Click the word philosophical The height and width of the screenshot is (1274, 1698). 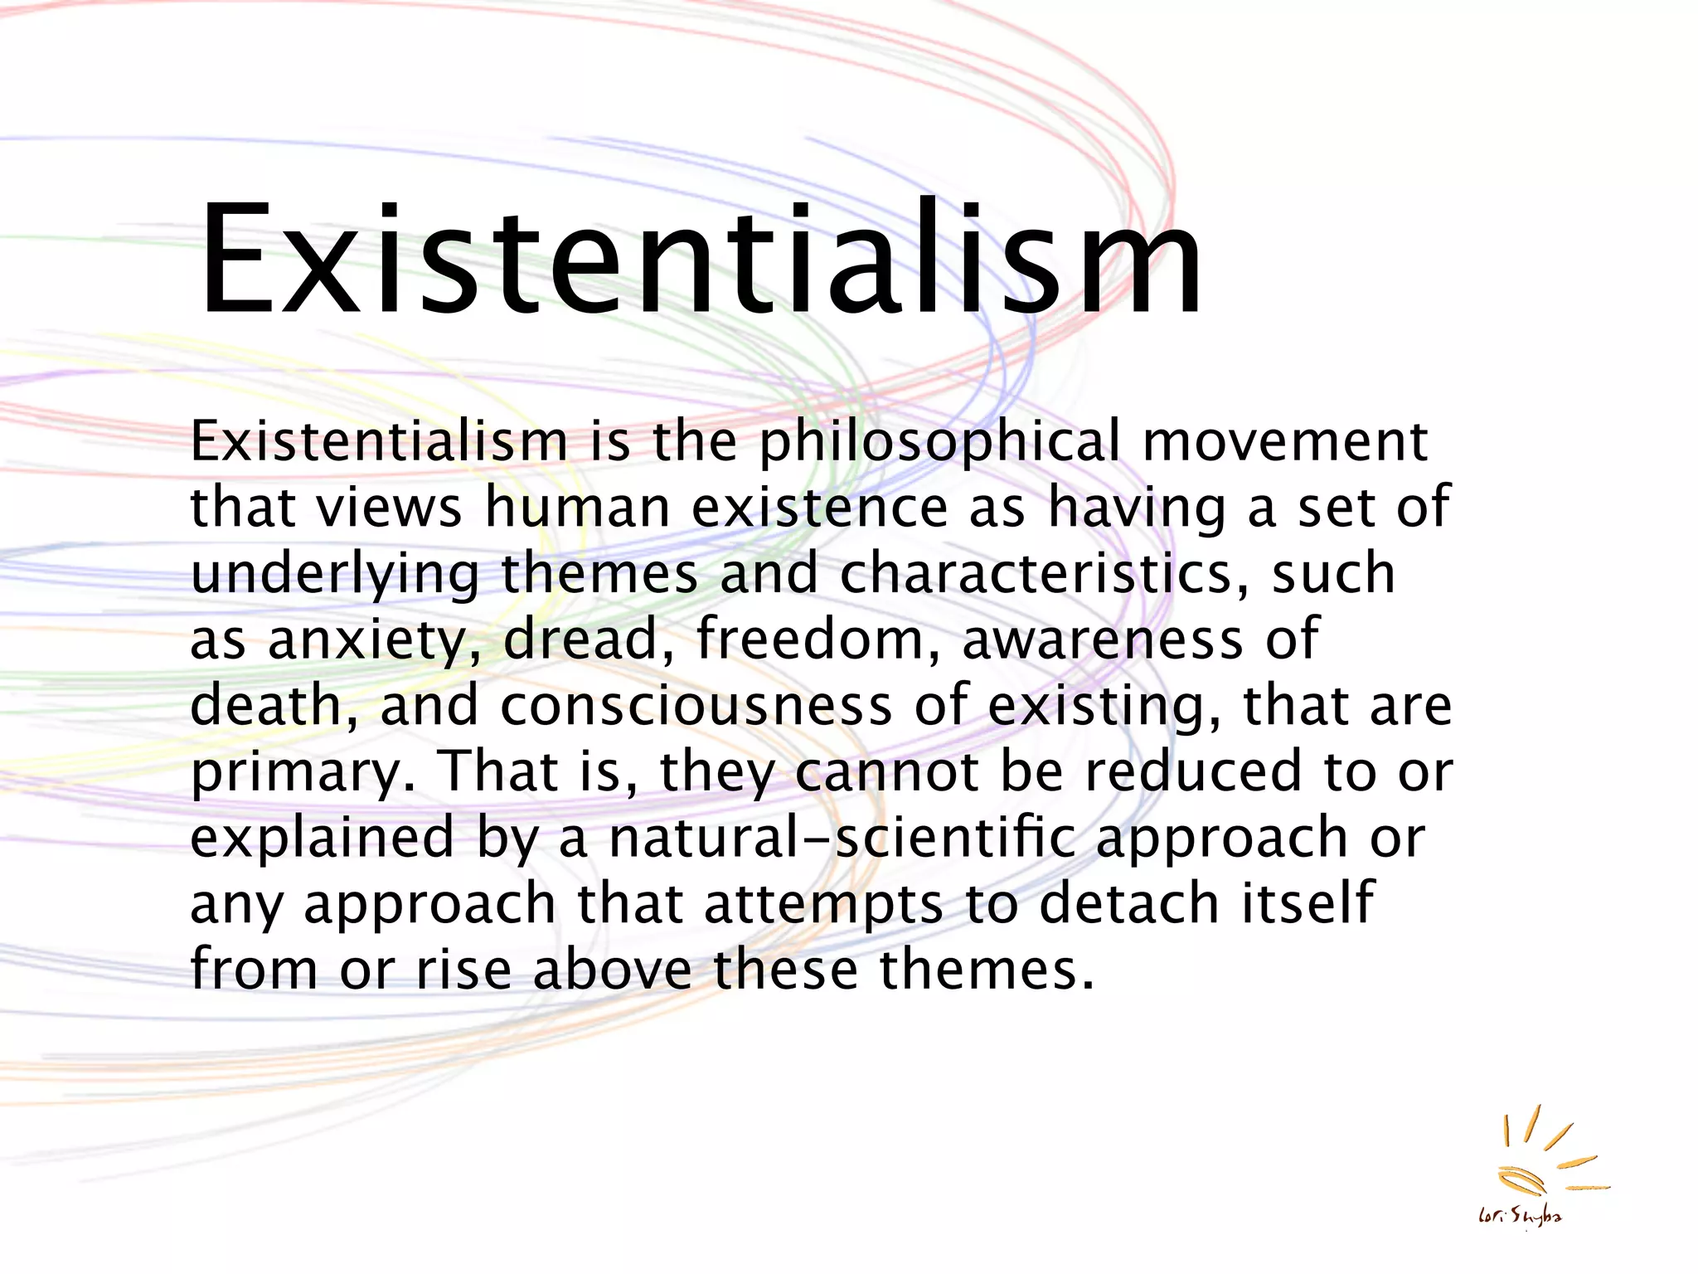[939, 442]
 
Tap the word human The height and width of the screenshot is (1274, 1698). [577, 507]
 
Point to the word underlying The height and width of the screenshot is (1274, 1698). [335, 575]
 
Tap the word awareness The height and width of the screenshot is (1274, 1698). [1103, 639]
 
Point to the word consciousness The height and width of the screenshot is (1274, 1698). [696, 706]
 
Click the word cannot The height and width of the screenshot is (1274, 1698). [887, 771]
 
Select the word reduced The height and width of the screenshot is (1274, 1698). [1193, 771]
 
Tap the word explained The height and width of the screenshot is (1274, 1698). [323, 839]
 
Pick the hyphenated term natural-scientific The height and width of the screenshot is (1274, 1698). [842, 838]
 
